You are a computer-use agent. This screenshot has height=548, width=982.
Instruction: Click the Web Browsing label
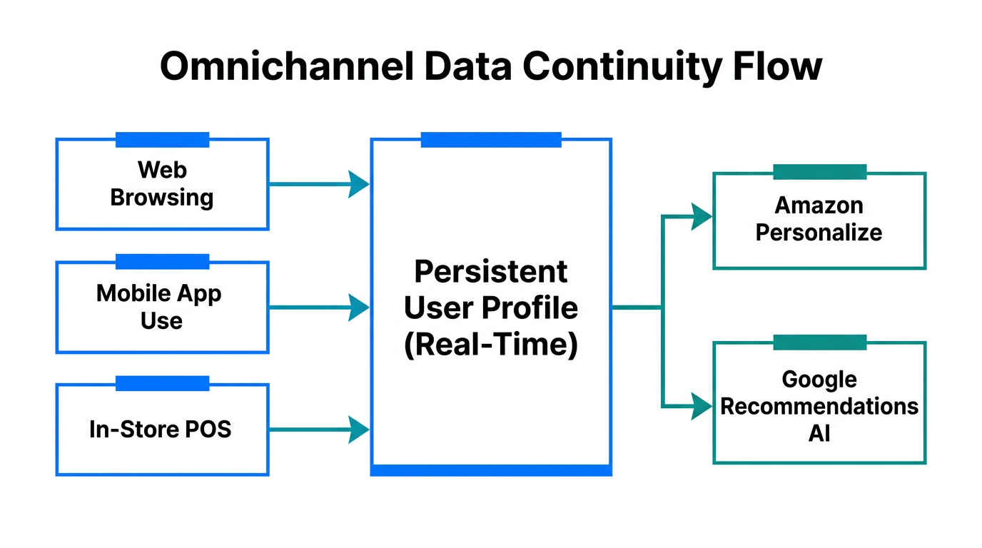(x=162, y=183)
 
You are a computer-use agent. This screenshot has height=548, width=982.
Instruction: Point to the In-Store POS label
(x=161, y=430)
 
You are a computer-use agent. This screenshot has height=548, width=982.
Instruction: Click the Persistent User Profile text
(x=491, y=308)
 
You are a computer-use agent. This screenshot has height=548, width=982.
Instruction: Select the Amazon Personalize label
(x=819, y=219)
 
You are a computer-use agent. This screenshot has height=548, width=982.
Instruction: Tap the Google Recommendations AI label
(x=819, y=406)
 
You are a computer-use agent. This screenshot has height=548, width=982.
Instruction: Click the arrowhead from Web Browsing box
(x=358, y=184)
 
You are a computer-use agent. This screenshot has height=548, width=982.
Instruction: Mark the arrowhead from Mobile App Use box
(x=358, y=308)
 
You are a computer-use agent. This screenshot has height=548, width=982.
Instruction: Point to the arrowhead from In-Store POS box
(x=358, y=430)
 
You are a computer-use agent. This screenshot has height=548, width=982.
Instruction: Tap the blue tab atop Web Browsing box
(x=162, y=139)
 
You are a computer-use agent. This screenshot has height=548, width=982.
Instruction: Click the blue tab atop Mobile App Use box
(x=162, y=262)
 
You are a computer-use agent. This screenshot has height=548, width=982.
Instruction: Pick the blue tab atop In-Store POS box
(x=162, y=384)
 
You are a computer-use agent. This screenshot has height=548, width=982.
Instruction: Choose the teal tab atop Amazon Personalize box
(x=819, y=172)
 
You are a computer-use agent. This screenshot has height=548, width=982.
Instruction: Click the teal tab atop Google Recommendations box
(x=819, y=342)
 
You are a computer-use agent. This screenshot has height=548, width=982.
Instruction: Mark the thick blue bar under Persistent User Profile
(x=491, y=470)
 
